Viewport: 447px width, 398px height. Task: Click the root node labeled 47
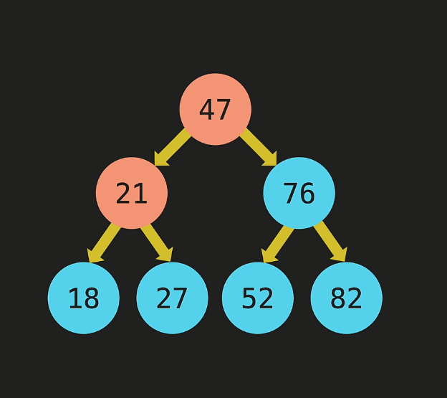215,109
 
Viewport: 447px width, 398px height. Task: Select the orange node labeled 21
132,193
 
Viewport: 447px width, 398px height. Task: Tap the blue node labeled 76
299,193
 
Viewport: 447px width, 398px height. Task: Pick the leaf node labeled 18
84,298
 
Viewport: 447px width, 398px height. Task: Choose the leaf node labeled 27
172,298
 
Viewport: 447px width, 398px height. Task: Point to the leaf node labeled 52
258,298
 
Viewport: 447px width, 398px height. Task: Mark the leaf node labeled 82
346,298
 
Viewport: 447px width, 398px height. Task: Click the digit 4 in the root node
207,110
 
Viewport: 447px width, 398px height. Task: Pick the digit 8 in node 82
338,298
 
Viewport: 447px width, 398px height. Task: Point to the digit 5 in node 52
249,298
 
